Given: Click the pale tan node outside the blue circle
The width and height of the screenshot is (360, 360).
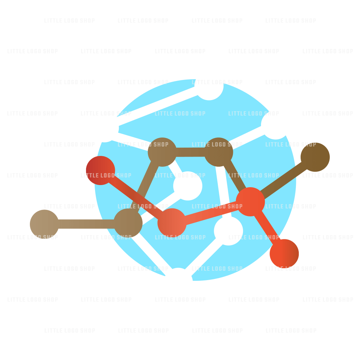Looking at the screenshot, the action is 44,224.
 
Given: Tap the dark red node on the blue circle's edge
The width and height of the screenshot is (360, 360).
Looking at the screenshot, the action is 100,170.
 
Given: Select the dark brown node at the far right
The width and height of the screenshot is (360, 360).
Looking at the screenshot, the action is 315,157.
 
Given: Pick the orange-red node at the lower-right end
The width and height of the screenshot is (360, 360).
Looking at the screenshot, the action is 284,253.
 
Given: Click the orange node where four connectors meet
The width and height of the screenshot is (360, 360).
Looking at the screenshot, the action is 250,202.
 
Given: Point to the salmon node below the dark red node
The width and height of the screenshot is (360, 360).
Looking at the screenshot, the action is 172,223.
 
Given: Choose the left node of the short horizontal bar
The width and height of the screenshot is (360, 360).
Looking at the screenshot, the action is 162,152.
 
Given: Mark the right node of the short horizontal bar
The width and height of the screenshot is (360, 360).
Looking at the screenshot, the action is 219,152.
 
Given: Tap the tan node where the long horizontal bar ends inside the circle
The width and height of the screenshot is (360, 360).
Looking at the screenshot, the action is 128,223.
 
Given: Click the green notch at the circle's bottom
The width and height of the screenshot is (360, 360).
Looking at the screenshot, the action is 179,275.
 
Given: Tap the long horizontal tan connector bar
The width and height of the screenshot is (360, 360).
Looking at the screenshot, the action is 86,224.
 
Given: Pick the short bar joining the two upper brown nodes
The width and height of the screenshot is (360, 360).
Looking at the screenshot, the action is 190,152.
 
